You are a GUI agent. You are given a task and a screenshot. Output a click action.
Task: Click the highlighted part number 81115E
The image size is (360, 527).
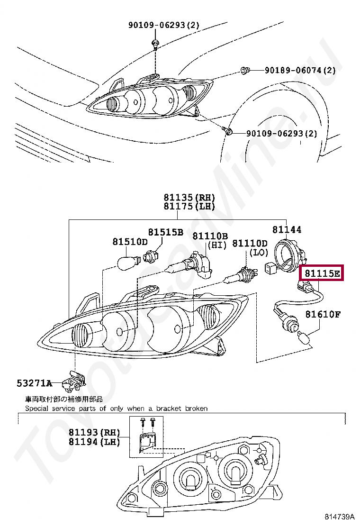click(322, 273)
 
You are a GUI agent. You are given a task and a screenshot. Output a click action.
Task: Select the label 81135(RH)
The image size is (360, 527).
click(189, 197)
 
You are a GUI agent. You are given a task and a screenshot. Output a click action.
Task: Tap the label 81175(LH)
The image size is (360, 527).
click(189, 206)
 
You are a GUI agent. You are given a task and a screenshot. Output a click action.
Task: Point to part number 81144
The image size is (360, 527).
click(287, 229)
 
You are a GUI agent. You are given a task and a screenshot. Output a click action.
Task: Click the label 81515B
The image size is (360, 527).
click(165, 232)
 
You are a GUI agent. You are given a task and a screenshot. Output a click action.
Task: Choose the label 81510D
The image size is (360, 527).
click(130, 242)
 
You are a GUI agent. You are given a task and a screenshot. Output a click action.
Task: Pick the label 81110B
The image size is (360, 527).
click(210, 236)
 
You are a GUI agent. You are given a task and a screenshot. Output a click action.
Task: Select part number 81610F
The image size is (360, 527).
click(323, 314)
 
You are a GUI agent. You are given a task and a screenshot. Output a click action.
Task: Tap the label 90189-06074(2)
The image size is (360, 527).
click(300, 70)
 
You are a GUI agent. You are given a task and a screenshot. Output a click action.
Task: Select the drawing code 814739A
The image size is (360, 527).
click(339, 516)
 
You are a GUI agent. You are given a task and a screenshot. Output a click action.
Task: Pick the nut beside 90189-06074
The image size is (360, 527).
click(245, 71)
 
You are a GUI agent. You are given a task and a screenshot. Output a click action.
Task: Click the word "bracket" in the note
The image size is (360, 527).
click(169, 408)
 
